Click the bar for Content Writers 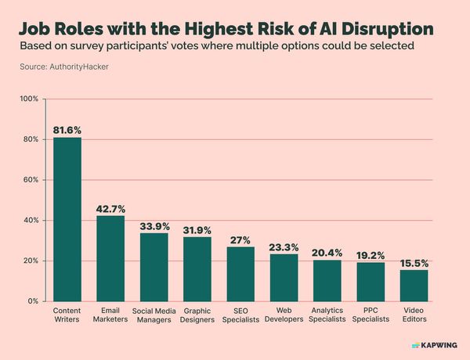(67, 219)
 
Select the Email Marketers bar (110, 258)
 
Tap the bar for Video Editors (414, 286)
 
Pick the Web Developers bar (284, 278)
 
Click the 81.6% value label (67, 129)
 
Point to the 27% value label (240, 239)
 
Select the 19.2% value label (371, 254)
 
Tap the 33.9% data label (154, 225)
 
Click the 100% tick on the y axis (29, 99)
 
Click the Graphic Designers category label (197, 315)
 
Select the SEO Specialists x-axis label (240, 315)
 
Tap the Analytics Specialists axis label (327, 315)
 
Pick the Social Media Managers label (154, 315)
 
